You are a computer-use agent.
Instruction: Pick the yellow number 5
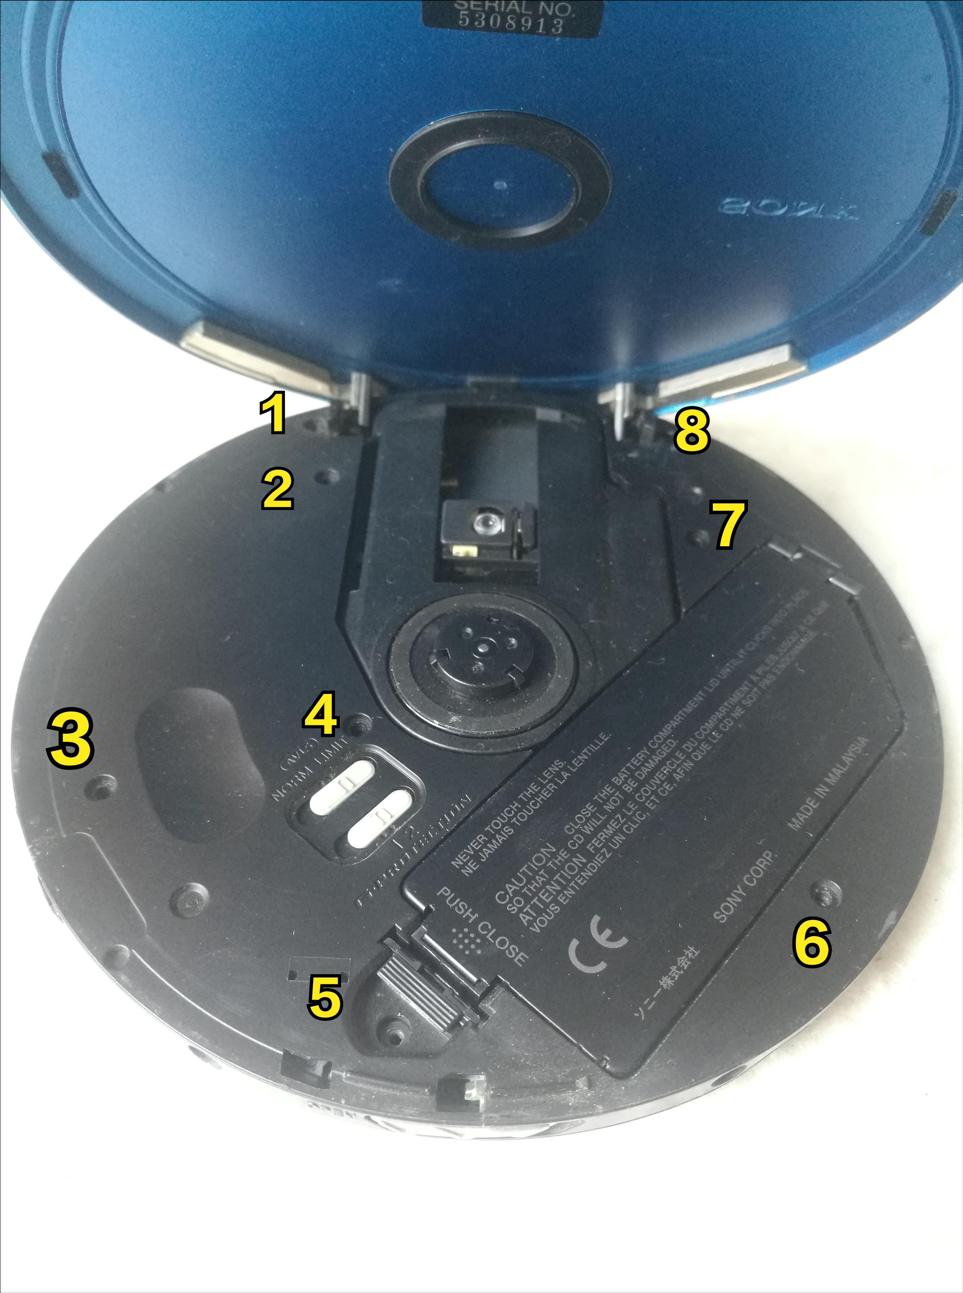click(325, 997)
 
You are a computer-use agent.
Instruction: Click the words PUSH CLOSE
click(481, 927)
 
